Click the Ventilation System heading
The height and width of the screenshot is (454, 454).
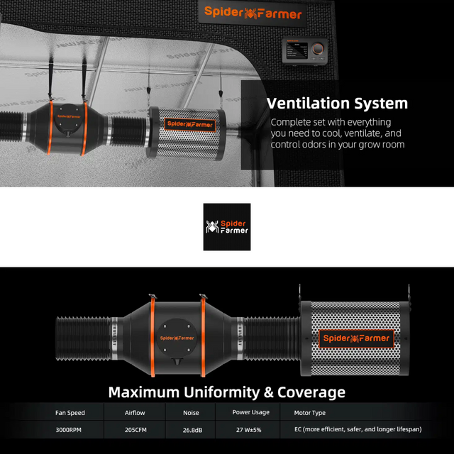pyautogui.click(x=337, y=104)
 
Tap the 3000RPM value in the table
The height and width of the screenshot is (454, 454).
pyautogui.click(x=69, y=430)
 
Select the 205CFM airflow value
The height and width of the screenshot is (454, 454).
pyautogui.click(x=135, y=430)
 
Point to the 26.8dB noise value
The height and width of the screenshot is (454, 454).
pyautogui.click(x=192, y=431)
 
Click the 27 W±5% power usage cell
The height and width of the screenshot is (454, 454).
pyautogui.click(x=249, y=430)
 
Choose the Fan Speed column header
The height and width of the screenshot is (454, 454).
pyautogui.click(x=70, y=413)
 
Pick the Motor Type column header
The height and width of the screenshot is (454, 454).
pyautogui.click(x=309, y=413)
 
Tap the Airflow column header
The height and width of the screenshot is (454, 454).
pyautogui.click(x=135, y=413)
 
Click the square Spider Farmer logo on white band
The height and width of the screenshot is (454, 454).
pyautogui.click(x=227, y=227)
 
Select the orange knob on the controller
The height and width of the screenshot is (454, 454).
pyautogui.click(x=318, y=49)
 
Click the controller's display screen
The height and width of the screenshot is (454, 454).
pyautogui.click(x=297, y=50)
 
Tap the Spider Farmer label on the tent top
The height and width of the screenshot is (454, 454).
pyautogui.click(x=253, y=13)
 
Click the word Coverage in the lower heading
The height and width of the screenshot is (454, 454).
pyautogui.click(x=311, y=392)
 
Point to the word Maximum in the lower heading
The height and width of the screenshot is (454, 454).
pyautogui.click(x=144, y=392)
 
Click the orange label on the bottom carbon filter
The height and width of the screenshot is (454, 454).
pyautogui.click(x=356, y=338)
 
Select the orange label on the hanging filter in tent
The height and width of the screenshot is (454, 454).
pyautogui.click(x=190, y=125)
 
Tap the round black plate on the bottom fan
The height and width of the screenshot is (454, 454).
pyautogui.click(x=177, y=339)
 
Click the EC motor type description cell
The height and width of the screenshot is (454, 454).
pyautogui.click(x=358, y=429)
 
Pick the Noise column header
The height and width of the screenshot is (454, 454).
pyautogui.click(x=191, y=413)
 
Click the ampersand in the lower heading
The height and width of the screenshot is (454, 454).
pyautogui.click(x=268, y=392)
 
